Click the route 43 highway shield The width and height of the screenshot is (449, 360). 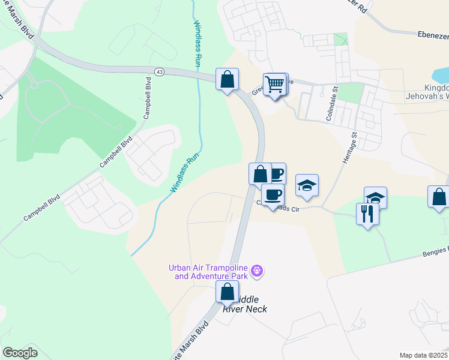click(x=159, y=72)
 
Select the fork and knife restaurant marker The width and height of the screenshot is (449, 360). click(x=368, y=214)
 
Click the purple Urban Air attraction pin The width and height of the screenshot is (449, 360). click(x=258, y=272)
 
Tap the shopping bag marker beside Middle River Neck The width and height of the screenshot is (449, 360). click(x=227, y=292)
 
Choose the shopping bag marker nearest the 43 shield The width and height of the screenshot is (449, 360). click(x=227, y=79)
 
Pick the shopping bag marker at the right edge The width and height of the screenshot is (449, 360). click(x=439, y=197)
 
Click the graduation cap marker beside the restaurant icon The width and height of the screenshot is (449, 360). click(x=376, y=198)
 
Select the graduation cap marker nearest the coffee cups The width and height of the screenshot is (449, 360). click(x=307, y=185)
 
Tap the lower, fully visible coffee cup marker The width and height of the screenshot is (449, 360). click(x=273, y=195)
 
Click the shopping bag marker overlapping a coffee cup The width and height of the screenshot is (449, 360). click(x=260, y=174)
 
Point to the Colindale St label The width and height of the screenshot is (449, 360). click(x=329, y=106)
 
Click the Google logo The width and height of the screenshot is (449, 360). click(x=20, y=353)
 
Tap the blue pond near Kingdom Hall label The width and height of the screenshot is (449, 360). click(x=441, y=75)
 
